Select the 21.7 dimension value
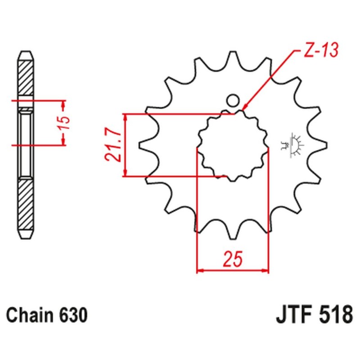[x=112, y=144]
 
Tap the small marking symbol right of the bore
[x=296, y=145]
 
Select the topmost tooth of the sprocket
[x=233, y=56]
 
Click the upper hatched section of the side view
[x=26, y=76]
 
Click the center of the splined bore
[x=233, y=145]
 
